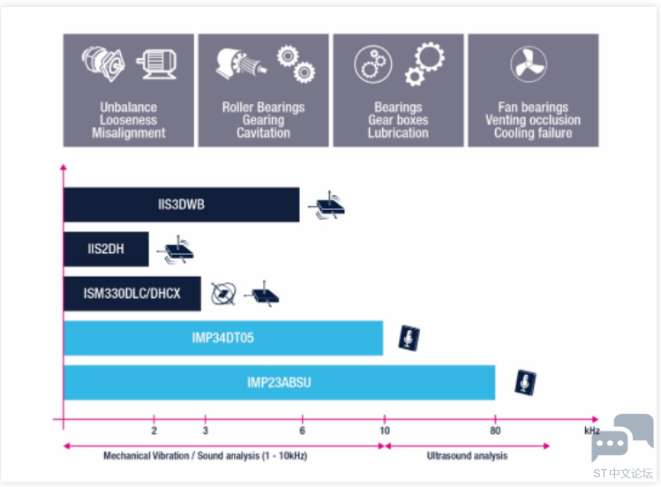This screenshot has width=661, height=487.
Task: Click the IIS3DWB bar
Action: (182, 205)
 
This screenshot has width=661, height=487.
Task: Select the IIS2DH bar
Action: (106, 249)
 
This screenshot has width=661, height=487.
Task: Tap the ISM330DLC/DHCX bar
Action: (132, 294)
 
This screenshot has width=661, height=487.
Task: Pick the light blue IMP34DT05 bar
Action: (223, 338)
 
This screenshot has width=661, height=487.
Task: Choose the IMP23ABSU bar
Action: (280, 383)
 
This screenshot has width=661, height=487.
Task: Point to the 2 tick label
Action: (154, 431)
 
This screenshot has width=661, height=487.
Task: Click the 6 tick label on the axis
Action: (302, 431)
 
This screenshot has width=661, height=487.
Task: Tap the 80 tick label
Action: (495, 431)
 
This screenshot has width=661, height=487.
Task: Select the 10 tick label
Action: (385, 431)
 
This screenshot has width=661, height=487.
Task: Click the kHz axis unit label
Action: (592, 431)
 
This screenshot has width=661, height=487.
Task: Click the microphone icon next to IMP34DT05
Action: (409, 338)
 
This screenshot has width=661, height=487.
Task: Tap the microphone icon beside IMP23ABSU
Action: (525, 383)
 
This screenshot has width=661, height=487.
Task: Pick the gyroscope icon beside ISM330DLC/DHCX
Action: (223, 294)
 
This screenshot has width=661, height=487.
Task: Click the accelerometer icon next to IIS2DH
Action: (177, 250)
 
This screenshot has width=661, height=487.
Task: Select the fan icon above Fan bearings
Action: (529, 64)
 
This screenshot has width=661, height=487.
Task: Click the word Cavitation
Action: (264, 133)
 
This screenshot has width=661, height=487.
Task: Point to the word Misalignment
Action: (129, 133)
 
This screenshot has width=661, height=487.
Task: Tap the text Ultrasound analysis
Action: (467, 456)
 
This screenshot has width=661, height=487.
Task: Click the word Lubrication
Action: (398, 133)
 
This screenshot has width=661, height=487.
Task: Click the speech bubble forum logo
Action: (623, 438)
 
